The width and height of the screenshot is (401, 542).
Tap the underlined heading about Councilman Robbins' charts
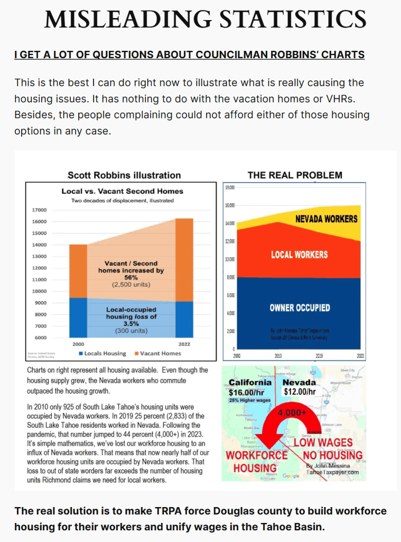189,55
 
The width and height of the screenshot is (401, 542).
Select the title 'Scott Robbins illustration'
124,175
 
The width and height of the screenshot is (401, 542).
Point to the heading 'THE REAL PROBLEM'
295,175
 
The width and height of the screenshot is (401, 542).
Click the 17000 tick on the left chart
40,210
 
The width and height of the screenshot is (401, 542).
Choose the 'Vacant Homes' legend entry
160,353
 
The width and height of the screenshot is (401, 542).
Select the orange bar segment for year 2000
78,271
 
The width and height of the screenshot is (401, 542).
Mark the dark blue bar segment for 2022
184,319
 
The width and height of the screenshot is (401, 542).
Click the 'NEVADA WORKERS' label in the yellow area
326,219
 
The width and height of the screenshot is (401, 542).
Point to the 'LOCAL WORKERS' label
299,255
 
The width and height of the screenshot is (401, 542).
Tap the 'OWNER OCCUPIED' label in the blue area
300,308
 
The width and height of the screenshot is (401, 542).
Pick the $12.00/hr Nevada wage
300,392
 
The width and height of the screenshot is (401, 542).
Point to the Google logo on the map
291,476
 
